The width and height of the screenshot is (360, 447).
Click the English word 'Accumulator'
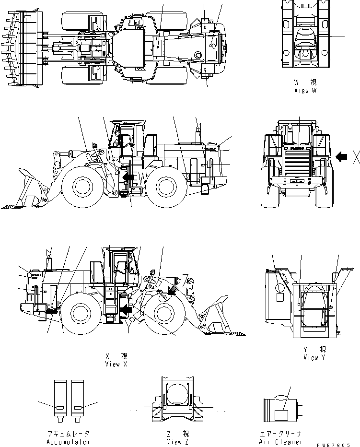pos(68,442)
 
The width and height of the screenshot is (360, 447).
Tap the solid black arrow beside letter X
pos(342,156)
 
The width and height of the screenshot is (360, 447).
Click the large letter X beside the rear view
pos(356,157)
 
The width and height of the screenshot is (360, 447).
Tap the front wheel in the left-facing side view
pos(83,187)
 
